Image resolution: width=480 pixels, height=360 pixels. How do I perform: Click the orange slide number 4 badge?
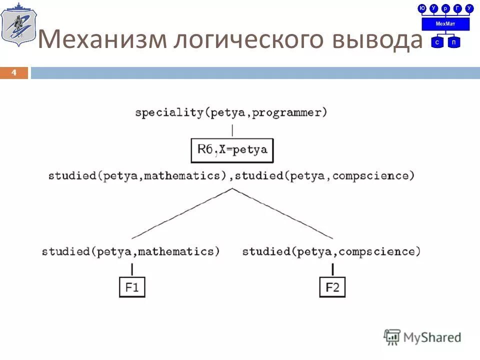[14, 73]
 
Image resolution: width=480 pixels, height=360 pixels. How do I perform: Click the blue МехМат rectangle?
[445, 24]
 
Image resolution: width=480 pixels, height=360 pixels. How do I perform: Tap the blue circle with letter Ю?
[422, 8]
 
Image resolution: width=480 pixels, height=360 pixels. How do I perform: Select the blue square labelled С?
[437, 42]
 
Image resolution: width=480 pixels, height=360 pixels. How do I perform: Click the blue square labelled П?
[453, 42]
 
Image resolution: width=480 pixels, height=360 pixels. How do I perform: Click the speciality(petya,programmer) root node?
[231, 112]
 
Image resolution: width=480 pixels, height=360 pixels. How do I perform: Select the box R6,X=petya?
[232, 150]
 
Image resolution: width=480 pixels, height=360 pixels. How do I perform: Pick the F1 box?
[132, 287]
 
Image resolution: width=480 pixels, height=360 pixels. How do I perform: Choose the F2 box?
[332, 287]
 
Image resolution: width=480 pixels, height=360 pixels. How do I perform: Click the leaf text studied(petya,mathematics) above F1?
[131, 251]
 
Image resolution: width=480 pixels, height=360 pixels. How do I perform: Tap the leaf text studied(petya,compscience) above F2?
[331, 251]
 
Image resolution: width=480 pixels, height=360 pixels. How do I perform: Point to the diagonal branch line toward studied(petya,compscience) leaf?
[282, 213]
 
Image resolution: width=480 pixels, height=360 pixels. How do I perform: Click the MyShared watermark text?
[432, 337]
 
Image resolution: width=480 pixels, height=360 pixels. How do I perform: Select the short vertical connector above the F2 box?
[332, 269]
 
